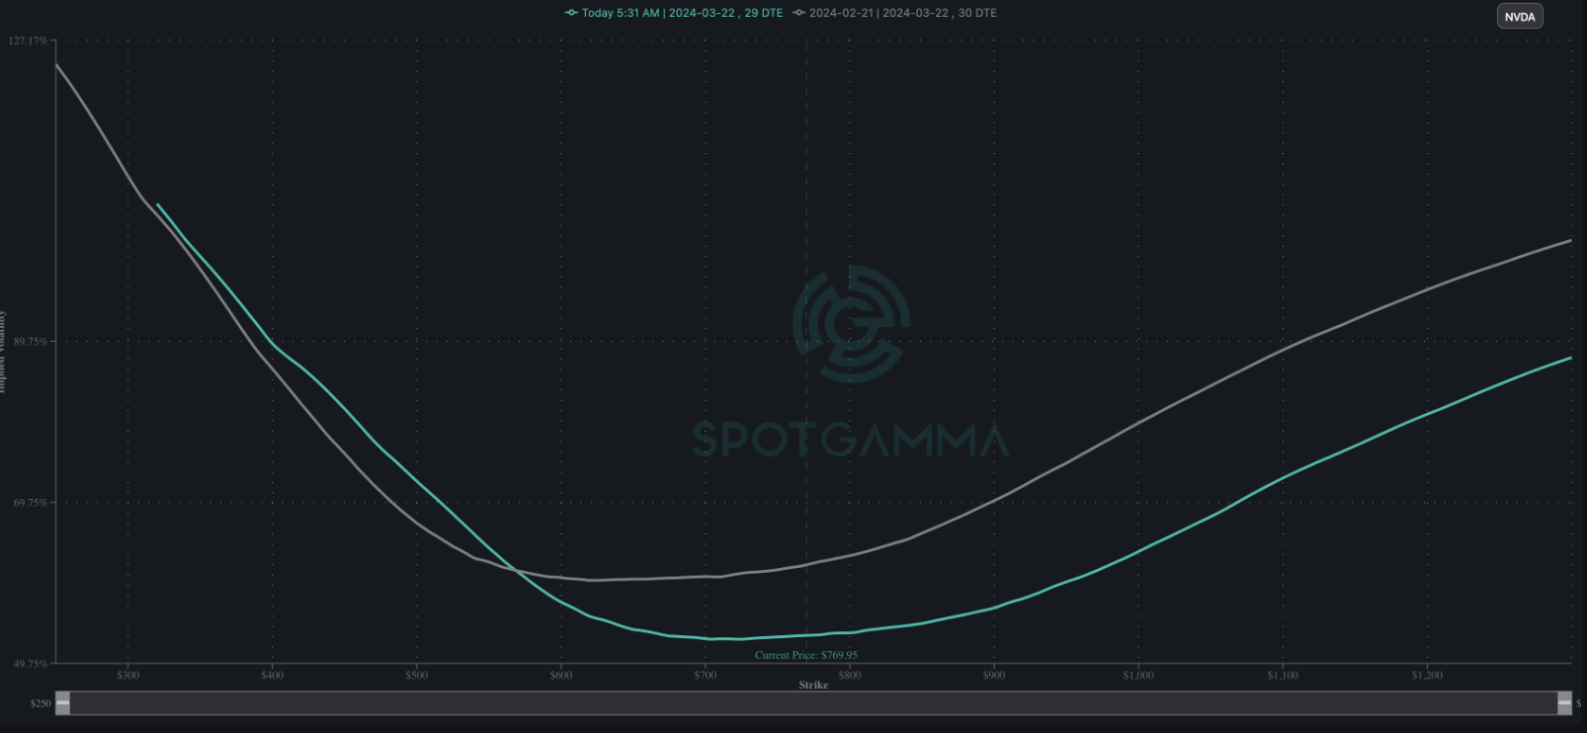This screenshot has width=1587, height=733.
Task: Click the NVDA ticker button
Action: point(1519,17)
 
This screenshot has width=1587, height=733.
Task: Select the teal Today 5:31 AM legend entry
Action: point(674,13)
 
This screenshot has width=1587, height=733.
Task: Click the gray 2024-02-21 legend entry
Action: point(895,13)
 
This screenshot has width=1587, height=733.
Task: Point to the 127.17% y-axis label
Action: point(28,41)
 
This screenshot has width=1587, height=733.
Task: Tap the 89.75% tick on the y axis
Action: point(30,341)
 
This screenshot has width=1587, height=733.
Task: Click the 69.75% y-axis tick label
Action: point(30,503)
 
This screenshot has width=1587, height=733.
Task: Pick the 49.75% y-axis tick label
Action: point(30,664)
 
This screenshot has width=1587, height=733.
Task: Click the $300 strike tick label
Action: point(127,676)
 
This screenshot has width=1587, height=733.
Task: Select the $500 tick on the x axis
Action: point(416,676)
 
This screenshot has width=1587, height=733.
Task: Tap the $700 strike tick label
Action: point(705,676)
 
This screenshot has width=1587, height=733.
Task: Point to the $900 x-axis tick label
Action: point(993,676)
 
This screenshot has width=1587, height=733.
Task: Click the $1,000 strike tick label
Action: point(1137,676)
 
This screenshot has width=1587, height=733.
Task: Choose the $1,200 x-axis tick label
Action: point(1426,676)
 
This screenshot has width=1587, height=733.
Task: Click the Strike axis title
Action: point(813,685)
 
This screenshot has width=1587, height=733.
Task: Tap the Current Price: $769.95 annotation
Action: point(805,655)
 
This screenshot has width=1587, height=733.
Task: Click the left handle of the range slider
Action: point(63,702)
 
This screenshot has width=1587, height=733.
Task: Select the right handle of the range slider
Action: point(1564,702)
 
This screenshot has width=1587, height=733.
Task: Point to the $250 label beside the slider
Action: point(41,703)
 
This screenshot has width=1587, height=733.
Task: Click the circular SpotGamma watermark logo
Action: point(851,324)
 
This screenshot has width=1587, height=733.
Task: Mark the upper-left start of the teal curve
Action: point(158,205)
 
